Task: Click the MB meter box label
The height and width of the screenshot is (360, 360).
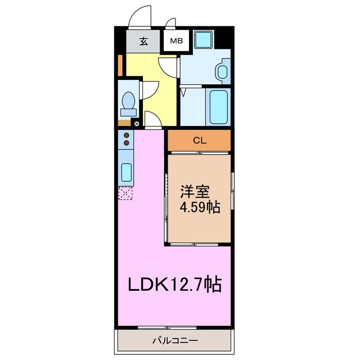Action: click(x=176, y=41)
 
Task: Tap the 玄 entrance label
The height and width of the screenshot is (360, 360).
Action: click(x=143, y=42)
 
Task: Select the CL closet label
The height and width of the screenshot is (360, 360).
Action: click(x=199, y=141)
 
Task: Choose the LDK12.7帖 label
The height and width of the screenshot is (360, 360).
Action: click(x=174, y=284)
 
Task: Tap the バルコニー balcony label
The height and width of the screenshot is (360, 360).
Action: click(x=174, y=340)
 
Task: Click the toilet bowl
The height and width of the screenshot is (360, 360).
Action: click(x=128, y=102)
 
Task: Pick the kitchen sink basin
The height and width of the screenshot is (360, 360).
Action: click(x=127, y=171)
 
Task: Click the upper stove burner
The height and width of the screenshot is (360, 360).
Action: click(x=127, y=136)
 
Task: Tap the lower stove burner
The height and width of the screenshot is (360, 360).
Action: click(x=127, y=143)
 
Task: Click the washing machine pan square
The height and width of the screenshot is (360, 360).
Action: click(x=202, y=39)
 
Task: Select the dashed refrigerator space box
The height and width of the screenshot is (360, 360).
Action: click(x=125, y=195)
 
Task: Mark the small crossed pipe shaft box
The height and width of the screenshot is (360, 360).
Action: click(x=136, y=123)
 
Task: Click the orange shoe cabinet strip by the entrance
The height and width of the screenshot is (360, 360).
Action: click(x=120, y=65)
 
